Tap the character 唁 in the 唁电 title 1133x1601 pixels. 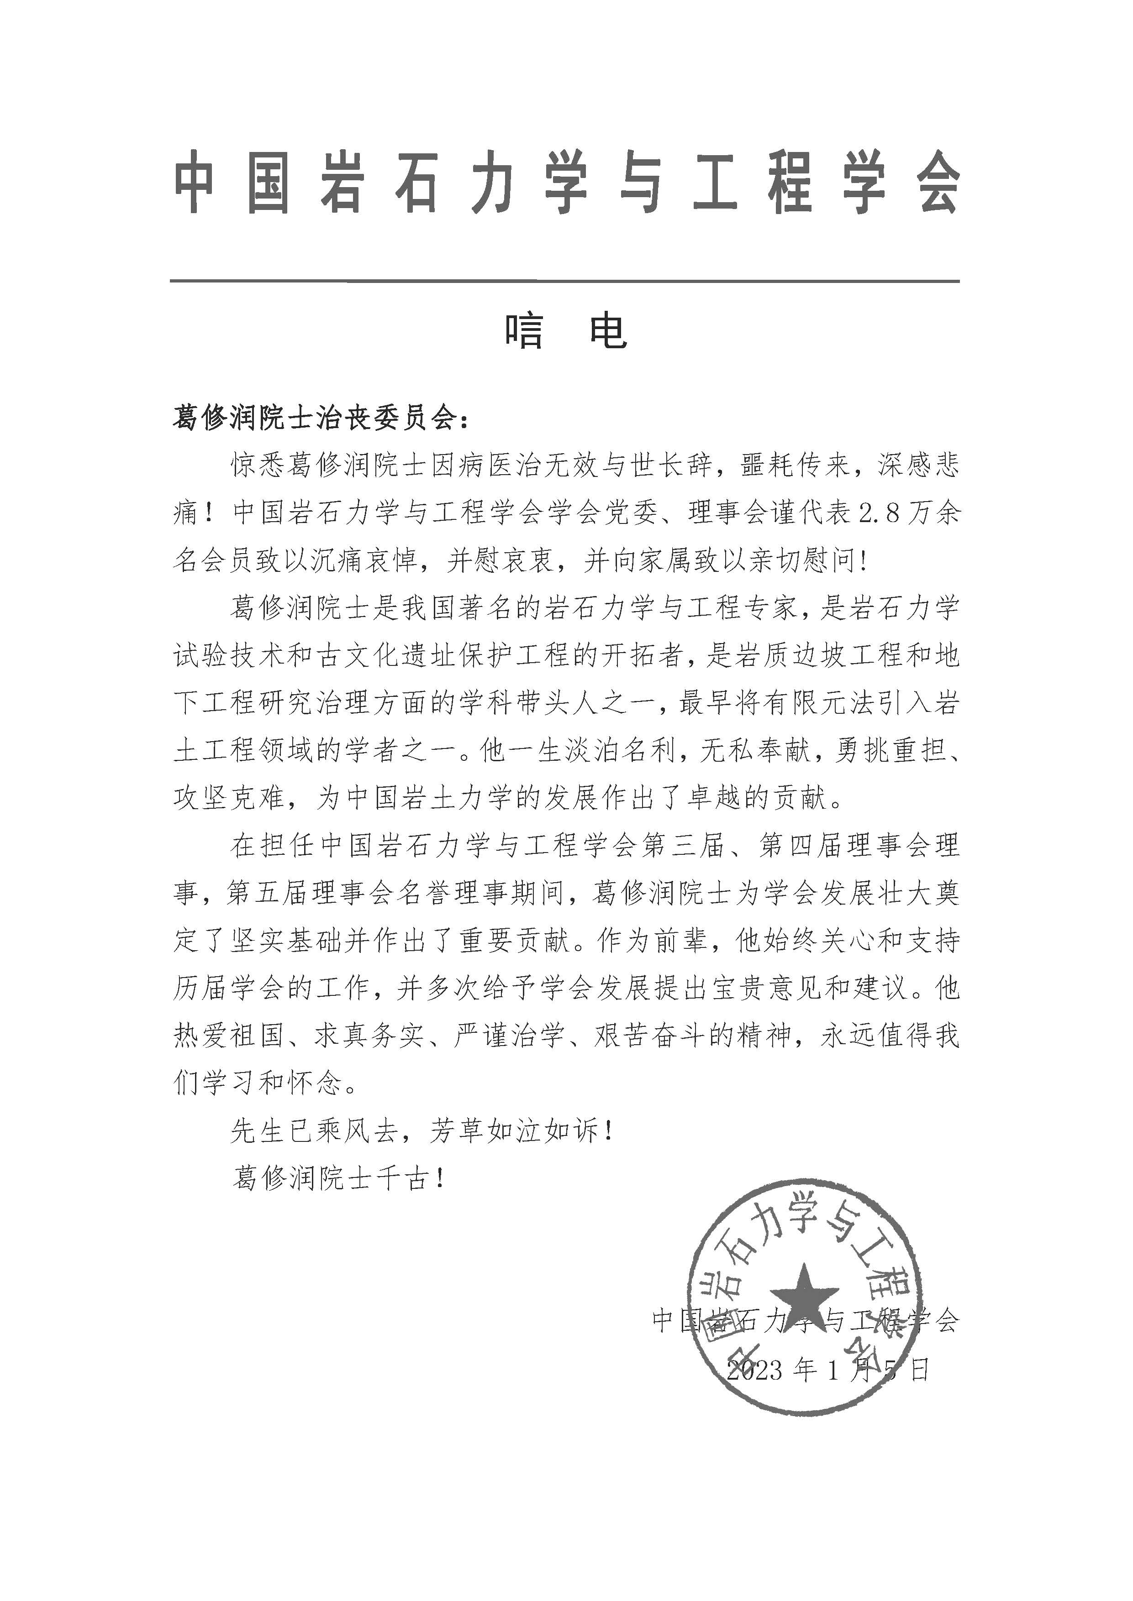[x=525, y=330]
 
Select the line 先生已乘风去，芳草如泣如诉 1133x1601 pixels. [x=423, y=1131]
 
